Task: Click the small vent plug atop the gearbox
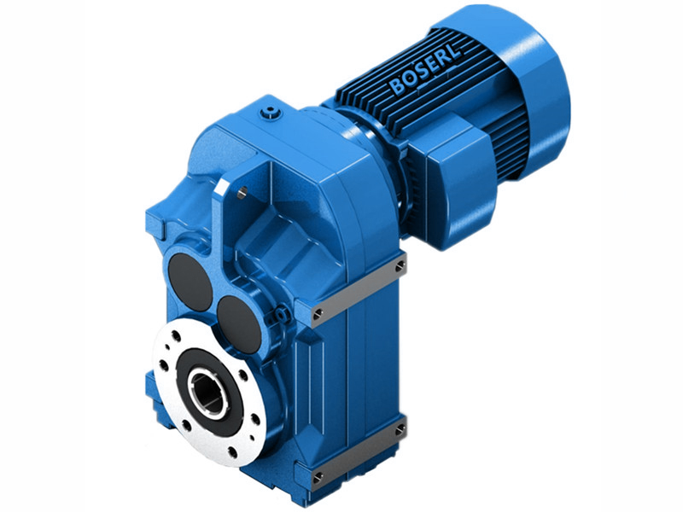point(272,111)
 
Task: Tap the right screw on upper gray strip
point(399,267)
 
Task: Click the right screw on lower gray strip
point(399,431)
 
